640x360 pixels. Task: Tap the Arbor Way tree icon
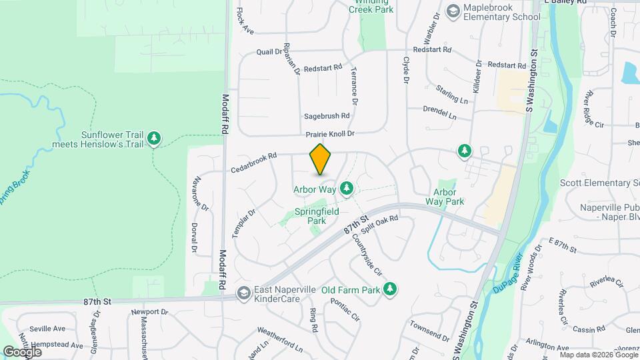click(x=346, y=189)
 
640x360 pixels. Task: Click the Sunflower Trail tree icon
click(x=155, y=138)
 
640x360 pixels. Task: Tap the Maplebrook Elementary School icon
click(x=453, y=11)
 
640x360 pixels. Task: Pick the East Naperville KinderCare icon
click(x=243, y=293)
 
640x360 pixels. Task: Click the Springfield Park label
click(x=317, y=216)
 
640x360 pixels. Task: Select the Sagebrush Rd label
click(x=327, y=115)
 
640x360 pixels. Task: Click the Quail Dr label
click(x=269, y=51)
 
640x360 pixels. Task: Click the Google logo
click(x=22, y=351)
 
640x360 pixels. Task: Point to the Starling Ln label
click(x=452, y=94)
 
